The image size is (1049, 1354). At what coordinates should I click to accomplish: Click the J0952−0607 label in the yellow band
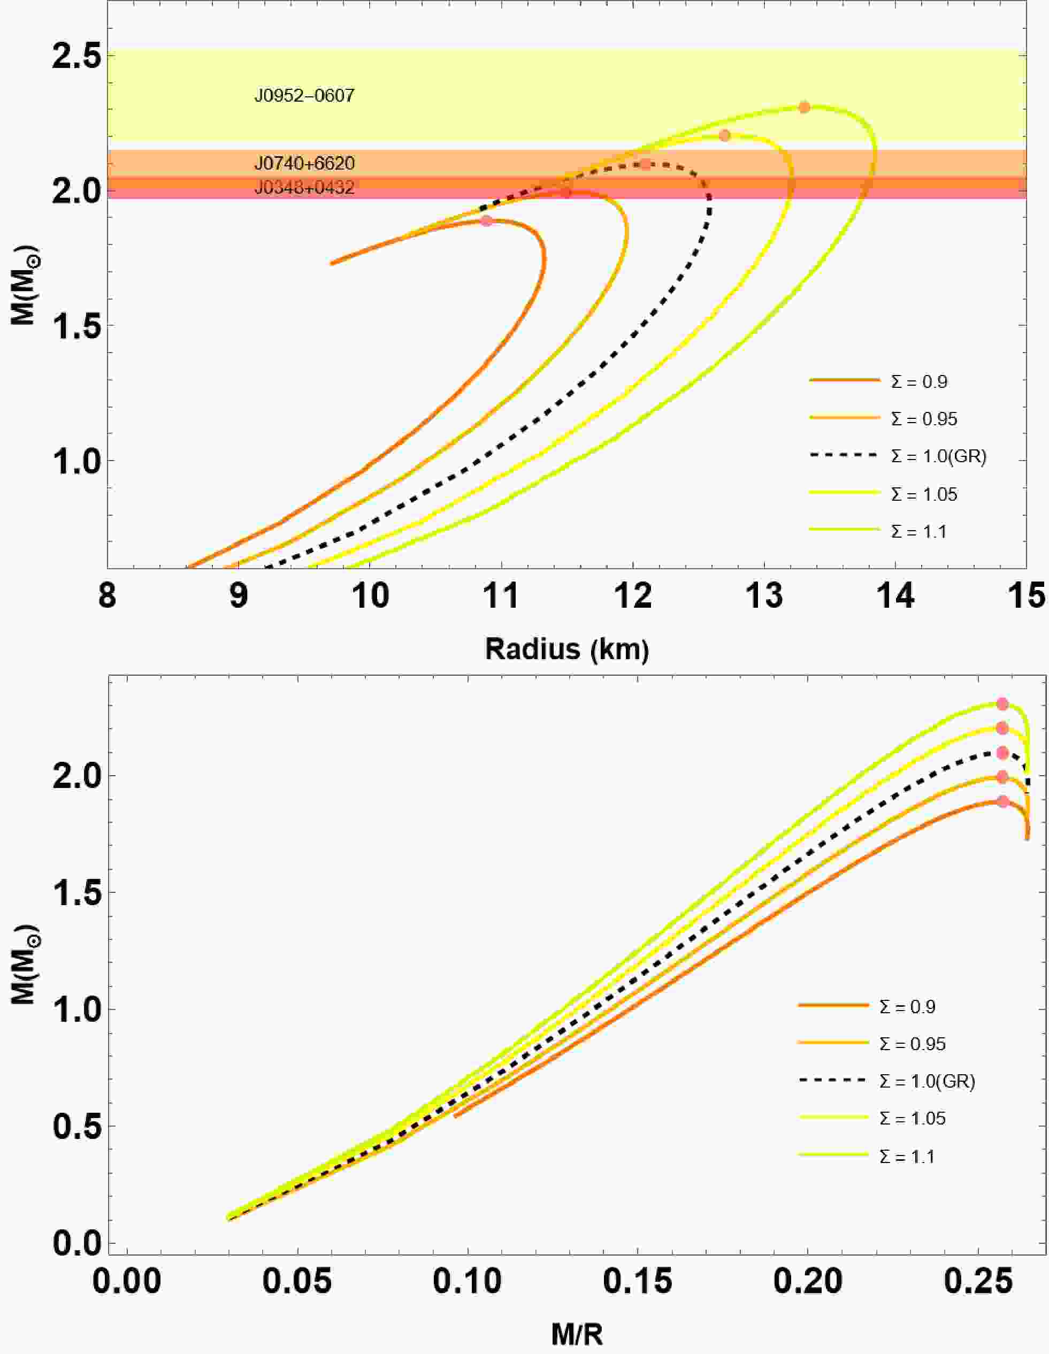pyautogui.click(x=304, y=95)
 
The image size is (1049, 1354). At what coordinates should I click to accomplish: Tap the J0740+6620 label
pyautogui.click(x=304, y=163)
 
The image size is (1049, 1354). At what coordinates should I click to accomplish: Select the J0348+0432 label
pyautogui.click(x=304, y=187)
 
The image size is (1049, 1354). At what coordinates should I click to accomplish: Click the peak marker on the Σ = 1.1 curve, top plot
pyautogui.click(x=804, y=107)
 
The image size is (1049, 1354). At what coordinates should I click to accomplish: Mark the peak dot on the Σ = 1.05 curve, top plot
pyautogui.click(x=724, y=135)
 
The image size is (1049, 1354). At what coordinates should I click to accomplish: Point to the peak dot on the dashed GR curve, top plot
pyautogui.click(x=646, y=164)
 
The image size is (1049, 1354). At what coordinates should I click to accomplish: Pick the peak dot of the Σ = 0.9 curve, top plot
pyautogui.click(x=487, y=221)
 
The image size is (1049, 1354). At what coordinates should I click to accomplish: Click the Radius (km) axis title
pyautogui.click(x=566, y=649)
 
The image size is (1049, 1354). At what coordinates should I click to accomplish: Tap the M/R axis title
pyautogui.click(x=577, y=1334)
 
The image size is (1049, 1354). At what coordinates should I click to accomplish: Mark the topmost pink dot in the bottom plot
pyautogui.click(x=1002, y=703)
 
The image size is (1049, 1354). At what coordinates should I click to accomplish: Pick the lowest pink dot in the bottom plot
pyautogui.click(x=1002, y=801)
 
